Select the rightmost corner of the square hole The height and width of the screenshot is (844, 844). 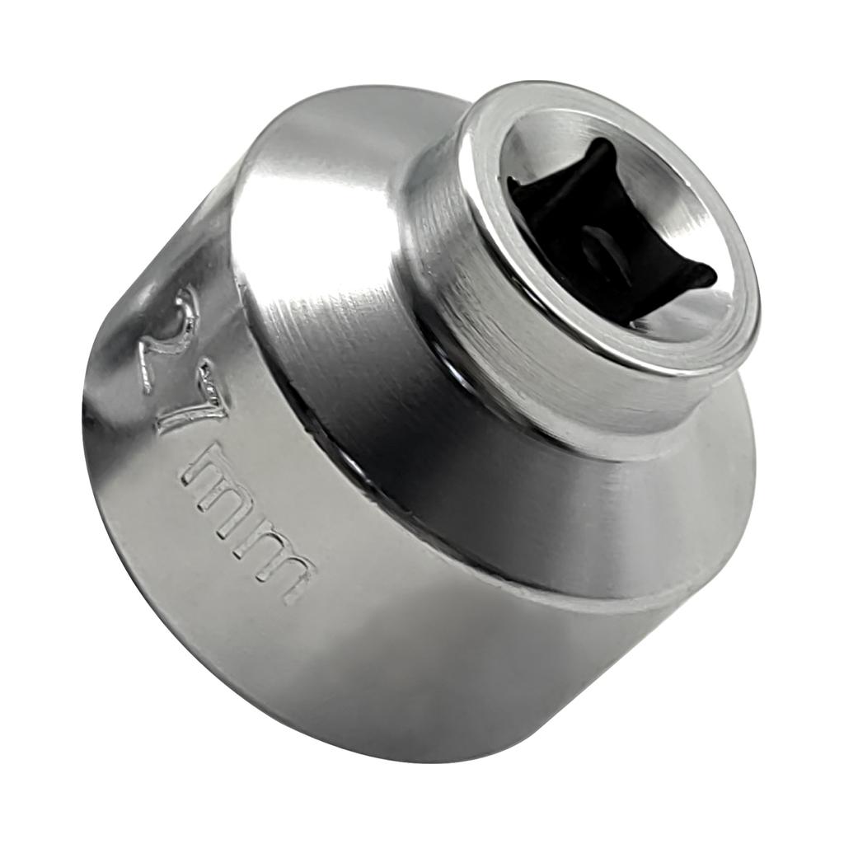[x=714, y=272]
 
